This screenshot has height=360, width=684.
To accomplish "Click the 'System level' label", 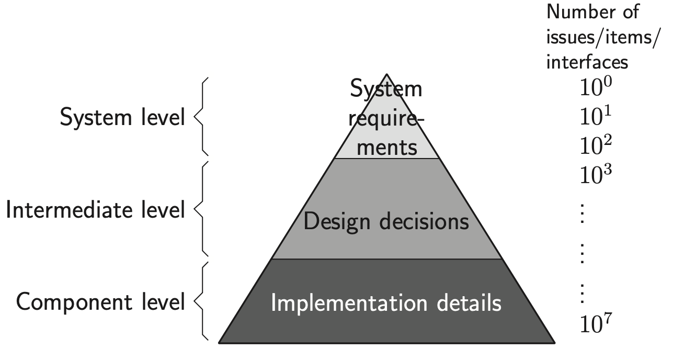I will pyautogui.click(x=122, y=118).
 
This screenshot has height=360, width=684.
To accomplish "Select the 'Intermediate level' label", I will pyautogui.click(x=95, y=210).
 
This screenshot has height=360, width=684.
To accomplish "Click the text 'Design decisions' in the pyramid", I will pyautogui.click(x=386, y=222).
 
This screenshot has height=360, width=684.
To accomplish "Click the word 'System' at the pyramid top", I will pyautogui.click(x=386, y=89).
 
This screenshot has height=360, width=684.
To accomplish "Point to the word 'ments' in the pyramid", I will pyautogui.click(x=386, y=148).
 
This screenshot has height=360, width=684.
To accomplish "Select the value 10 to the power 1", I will pyautogui.click(x=595, y=117).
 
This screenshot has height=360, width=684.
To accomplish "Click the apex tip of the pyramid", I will pyautogui.click(x=386, y=75).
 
